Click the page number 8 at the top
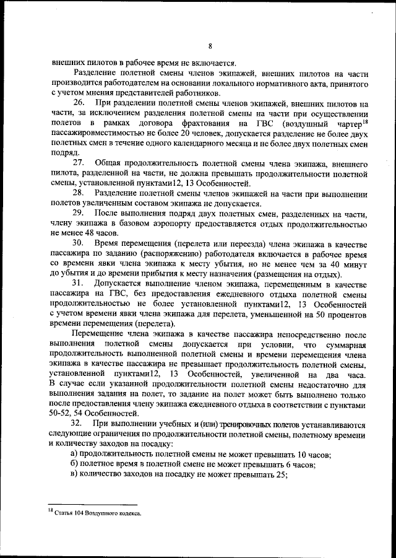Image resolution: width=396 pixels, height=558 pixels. [210, 46]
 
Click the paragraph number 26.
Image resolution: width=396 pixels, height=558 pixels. [80, 102]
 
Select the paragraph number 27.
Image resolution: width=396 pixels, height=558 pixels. [80, 163]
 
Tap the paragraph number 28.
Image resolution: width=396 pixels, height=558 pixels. [80, 193]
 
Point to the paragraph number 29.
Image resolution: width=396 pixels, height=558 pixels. [80, 213]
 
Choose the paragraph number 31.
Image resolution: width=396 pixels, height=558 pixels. [80, 284]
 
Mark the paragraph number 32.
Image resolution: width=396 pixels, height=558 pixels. [80, 425]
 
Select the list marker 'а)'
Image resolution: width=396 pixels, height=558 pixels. [75, 455]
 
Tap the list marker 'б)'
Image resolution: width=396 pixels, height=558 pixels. [75, 465]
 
